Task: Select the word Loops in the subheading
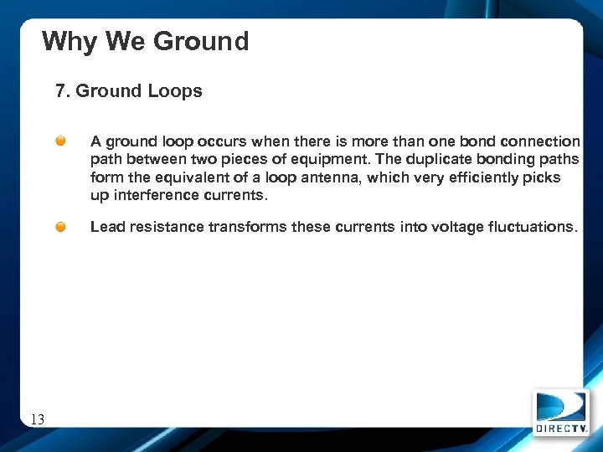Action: (x=177, y=91)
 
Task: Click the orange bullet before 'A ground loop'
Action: (x=62, y=141)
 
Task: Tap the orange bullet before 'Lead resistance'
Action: (x=62, y=227)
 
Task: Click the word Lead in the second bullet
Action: (x=106, y=227)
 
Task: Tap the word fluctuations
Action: (x=532, y=227)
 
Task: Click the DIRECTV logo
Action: (x=560, y=413)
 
